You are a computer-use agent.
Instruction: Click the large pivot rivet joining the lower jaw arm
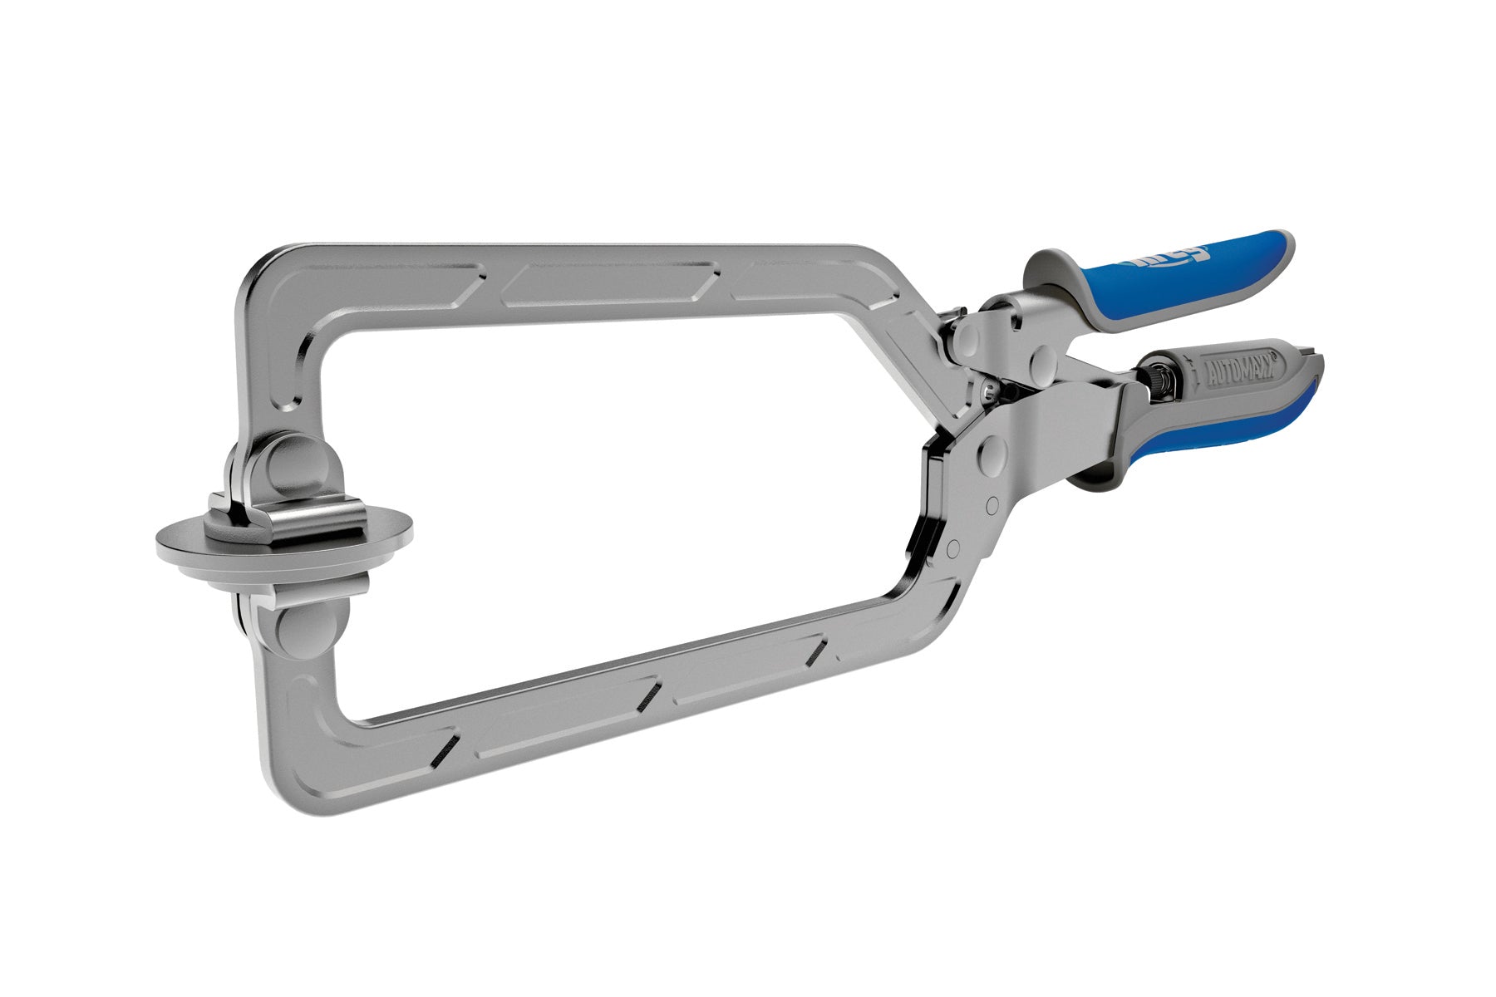pos(992,452)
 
